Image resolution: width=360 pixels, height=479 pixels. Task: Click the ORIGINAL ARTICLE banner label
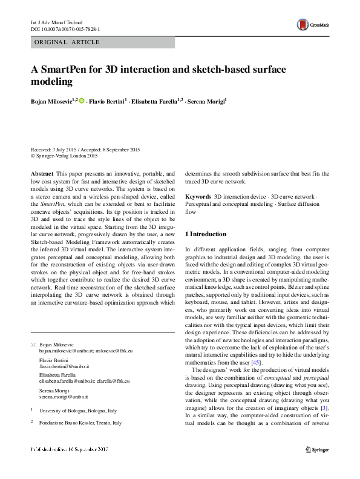60,42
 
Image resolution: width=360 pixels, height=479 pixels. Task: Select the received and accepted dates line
85,150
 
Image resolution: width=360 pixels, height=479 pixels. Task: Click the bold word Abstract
41,173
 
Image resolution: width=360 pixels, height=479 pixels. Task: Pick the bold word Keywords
197,197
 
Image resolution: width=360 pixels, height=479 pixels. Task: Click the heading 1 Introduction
206,234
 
